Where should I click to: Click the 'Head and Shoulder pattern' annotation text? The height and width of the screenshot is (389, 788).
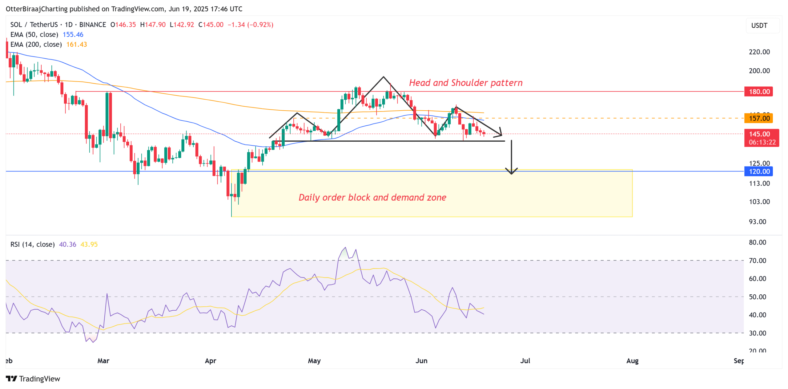click(x=465, y=83)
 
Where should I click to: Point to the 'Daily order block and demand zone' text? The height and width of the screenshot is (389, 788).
click(x=372, y=197)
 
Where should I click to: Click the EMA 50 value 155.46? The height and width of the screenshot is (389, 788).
click(x=73, y=34)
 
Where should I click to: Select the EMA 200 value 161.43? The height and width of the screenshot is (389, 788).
click(x=76, y=44)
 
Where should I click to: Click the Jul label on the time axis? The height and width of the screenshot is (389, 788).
click(x=525, y=360)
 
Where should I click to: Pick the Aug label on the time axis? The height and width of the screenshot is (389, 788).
click(x=632, y=360)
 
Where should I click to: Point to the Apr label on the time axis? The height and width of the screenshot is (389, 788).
click(x=211, y=360)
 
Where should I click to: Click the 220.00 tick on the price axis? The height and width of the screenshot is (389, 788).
click(x=759, y=52)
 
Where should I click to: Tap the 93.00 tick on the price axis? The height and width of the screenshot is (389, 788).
click(x=757, y=222)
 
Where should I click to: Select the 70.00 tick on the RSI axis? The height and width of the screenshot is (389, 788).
click(x=757, y=260)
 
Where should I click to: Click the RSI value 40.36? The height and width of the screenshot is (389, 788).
click(x=67, y=244)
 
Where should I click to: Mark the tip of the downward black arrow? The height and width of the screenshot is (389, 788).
click(x=511, y=174)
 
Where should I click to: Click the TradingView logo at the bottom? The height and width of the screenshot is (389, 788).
click(x=33, y=378)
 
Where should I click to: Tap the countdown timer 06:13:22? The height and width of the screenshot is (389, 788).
click(x=762, y=142)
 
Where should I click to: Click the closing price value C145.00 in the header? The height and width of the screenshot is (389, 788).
click(x=211, y=25)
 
